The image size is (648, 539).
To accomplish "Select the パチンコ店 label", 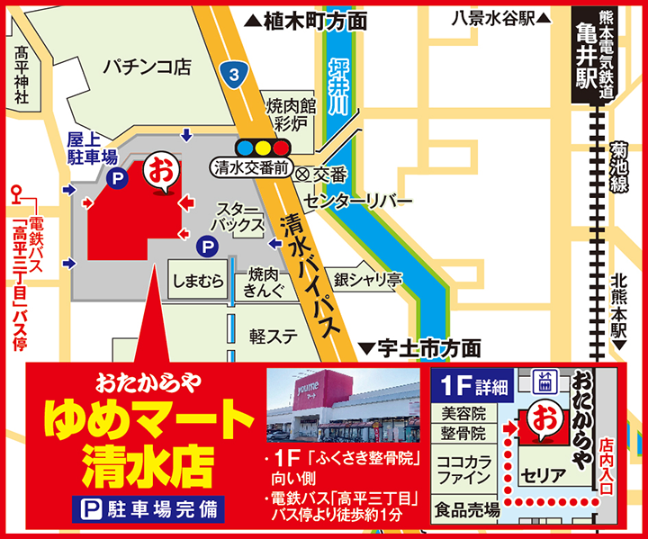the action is pyautogui.click(x=146, y=65).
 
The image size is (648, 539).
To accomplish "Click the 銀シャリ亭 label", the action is pyautogui.click(x=367, y=281).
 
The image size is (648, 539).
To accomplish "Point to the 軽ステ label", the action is pyautogui.click(x=274, y=337).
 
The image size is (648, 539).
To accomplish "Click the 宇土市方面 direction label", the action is pyautogui.click(x=419, y=347).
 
